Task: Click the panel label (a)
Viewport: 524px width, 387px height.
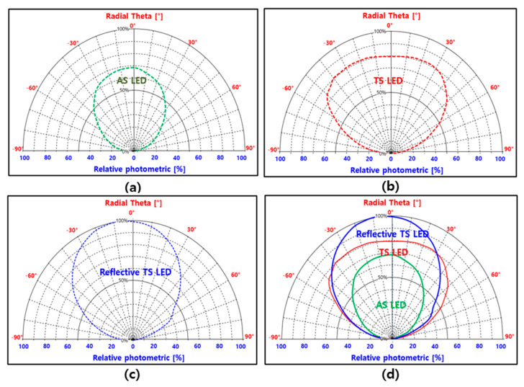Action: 132,187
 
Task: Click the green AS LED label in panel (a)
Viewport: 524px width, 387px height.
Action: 132,81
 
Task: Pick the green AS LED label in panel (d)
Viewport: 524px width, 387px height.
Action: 391,305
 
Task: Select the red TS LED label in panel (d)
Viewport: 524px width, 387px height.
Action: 394,252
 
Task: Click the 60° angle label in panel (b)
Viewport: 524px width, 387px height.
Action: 494,88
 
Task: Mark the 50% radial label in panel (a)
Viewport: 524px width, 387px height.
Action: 125,90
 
